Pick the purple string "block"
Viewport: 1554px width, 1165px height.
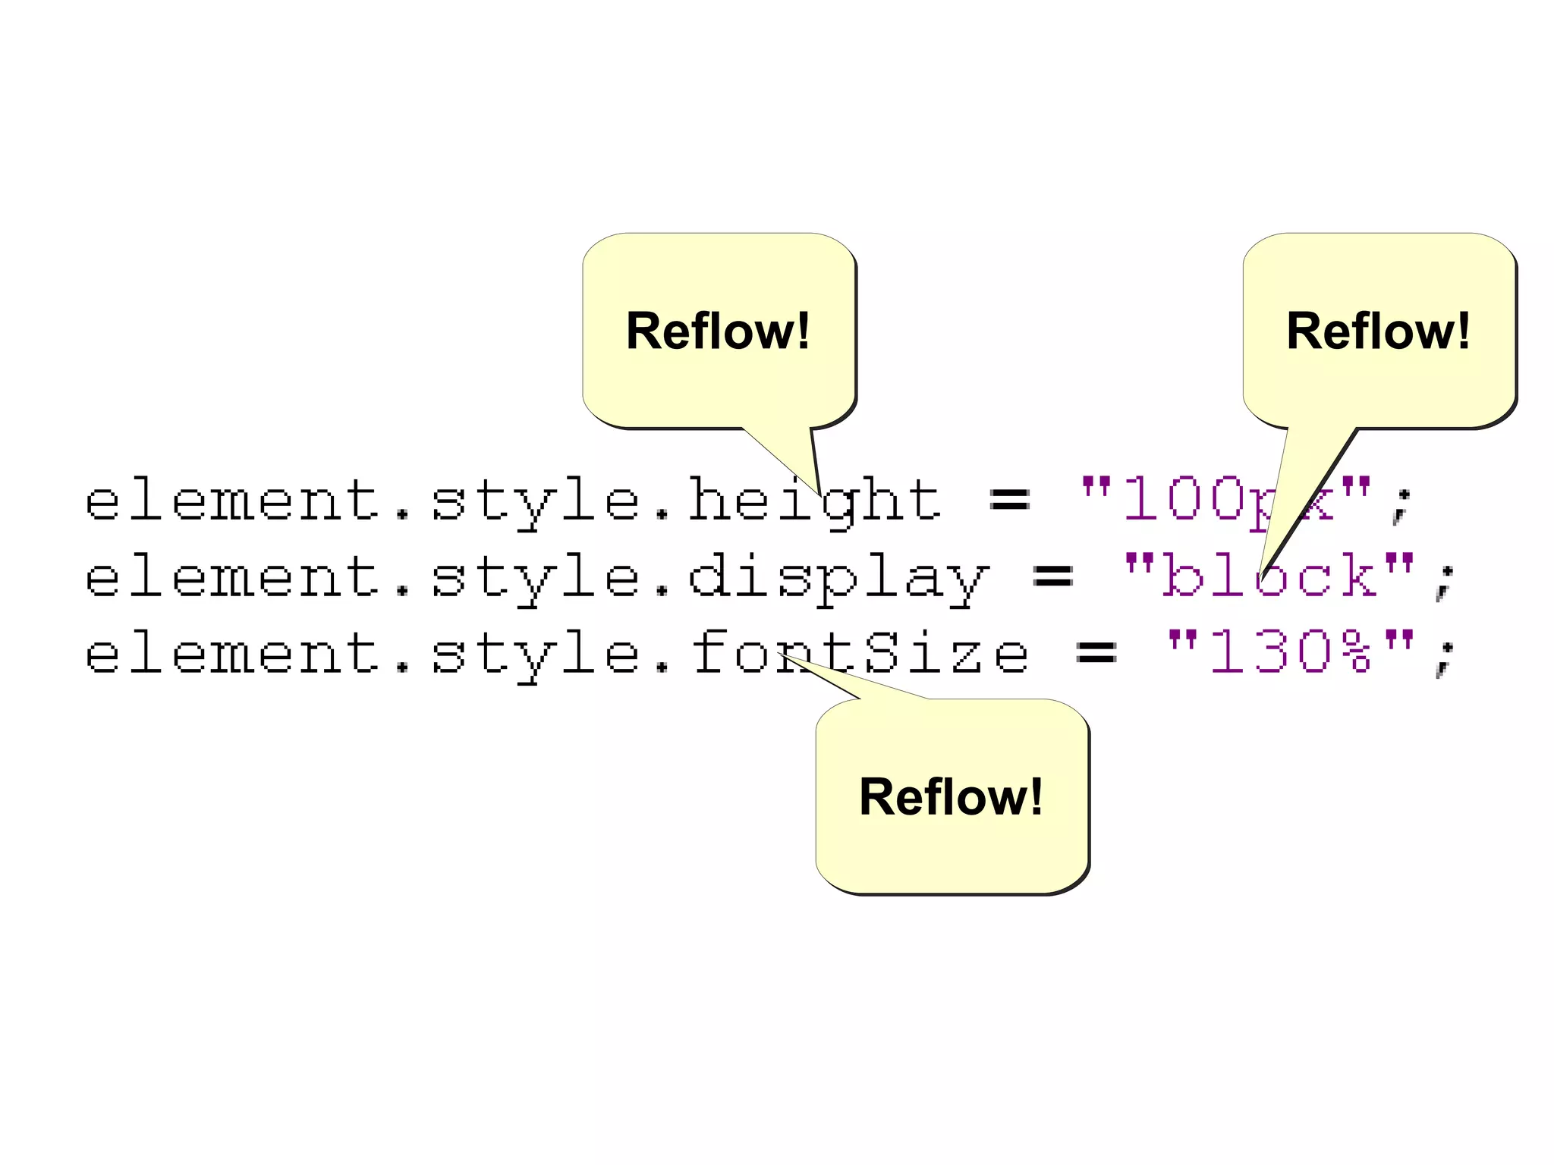pos(1269,576)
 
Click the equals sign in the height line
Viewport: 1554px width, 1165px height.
pos(1010,501)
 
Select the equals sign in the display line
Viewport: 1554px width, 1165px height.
pos(1053,577)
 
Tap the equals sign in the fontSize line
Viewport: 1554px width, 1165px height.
pos(1096,653)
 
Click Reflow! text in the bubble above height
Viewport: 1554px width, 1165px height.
pos(718,331)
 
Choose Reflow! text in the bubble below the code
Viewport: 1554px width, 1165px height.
pos(951,797)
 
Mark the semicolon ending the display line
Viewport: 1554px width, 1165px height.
pos(1445,582)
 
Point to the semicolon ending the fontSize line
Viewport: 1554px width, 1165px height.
pos(1445,658)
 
